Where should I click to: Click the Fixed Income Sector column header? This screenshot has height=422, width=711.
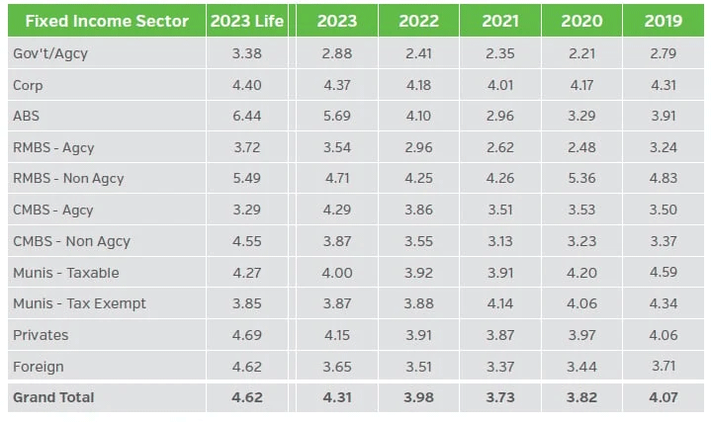107,22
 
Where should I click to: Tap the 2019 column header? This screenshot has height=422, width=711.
663,22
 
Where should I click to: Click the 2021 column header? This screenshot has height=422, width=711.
500,22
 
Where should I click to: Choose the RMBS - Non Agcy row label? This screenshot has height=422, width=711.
68,179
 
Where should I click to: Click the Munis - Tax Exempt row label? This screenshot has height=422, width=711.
79,303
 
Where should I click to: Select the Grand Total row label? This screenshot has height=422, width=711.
53,397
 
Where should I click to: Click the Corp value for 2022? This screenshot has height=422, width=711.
419,85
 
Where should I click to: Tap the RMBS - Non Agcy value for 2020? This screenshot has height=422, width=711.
581,179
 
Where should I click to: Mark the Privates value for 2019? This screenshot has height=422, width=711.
663,335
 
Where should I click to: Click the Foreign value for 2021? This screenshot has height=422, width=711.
500,367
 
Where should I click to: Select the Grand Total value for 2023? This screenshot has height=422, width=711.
338,397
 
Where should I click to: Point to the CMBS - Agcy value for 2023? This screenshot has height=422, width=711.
338,210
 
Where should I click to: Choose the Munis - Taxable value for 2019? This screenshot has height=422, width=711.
663,273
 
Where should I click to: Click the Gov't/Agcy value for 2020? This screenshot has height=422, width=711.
581,53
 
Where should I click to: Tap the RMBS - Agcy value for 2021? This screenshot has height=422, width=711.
500,147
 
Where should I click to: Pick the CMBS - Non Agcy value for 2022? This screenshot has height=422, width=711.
419,241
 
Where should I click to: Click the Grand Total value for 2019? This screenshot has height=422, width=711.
663,397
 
